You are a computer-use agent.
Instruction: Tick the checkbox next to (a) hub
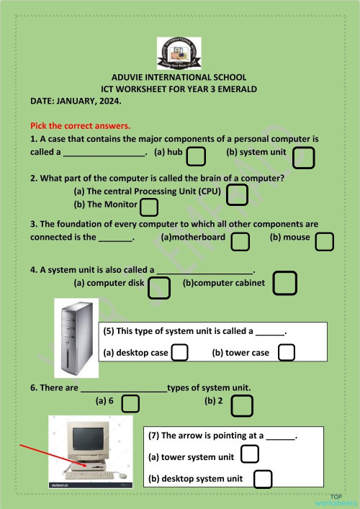pos(196,156)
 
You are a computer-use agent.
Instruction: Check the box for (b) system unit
pos(303,157)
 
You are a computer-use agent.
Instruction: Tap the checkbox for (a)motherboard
pos(240,241)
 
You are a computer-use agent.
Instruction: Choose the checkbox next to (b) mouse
pos(324,241)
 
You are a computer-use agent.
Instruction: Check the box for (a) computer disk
pos(158,288)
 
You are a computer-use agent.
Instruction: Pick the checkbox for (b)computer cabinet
pos(286,282)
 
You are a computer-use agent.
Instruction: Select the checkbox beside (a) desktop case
pos(180,352)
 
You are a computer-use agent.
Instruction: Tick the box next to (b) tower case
pos(287,352)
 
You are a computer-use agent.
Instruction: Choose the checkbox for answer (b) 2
pos(242,405)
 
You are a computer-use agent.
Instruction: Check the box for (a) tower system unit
pos(249,454)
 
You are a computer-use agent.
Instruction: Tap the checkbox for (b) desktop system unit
pos(263,479)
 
